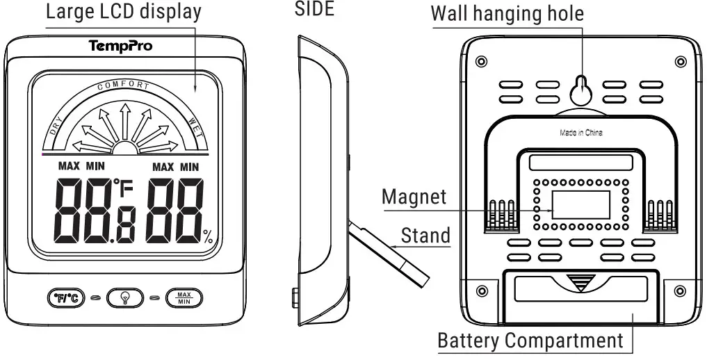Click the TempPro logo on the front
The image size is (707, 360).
coord(121,47)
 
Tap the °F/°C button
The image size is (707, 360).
coord(66,298)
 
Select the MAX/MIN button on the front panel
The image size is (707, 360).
coord(184,298)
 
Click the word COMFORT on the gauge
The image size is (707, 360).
coord(124,85)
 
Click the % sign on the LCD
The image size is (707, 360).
coord(209,238)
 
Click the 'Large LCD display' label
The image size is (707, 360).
coord(124,12)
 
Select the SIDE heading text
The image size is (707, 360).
coord(314,10)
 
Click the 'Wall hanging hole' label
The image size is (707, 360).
coord(507,13)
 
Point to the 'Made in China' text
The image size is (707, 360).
coord(581,132)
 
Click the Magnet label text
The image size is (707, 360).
coord(414,197)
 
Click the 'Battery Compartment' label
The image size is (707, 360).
coord(530,341)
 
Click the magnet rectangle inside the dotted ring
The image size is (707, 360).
coord(580,202)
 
